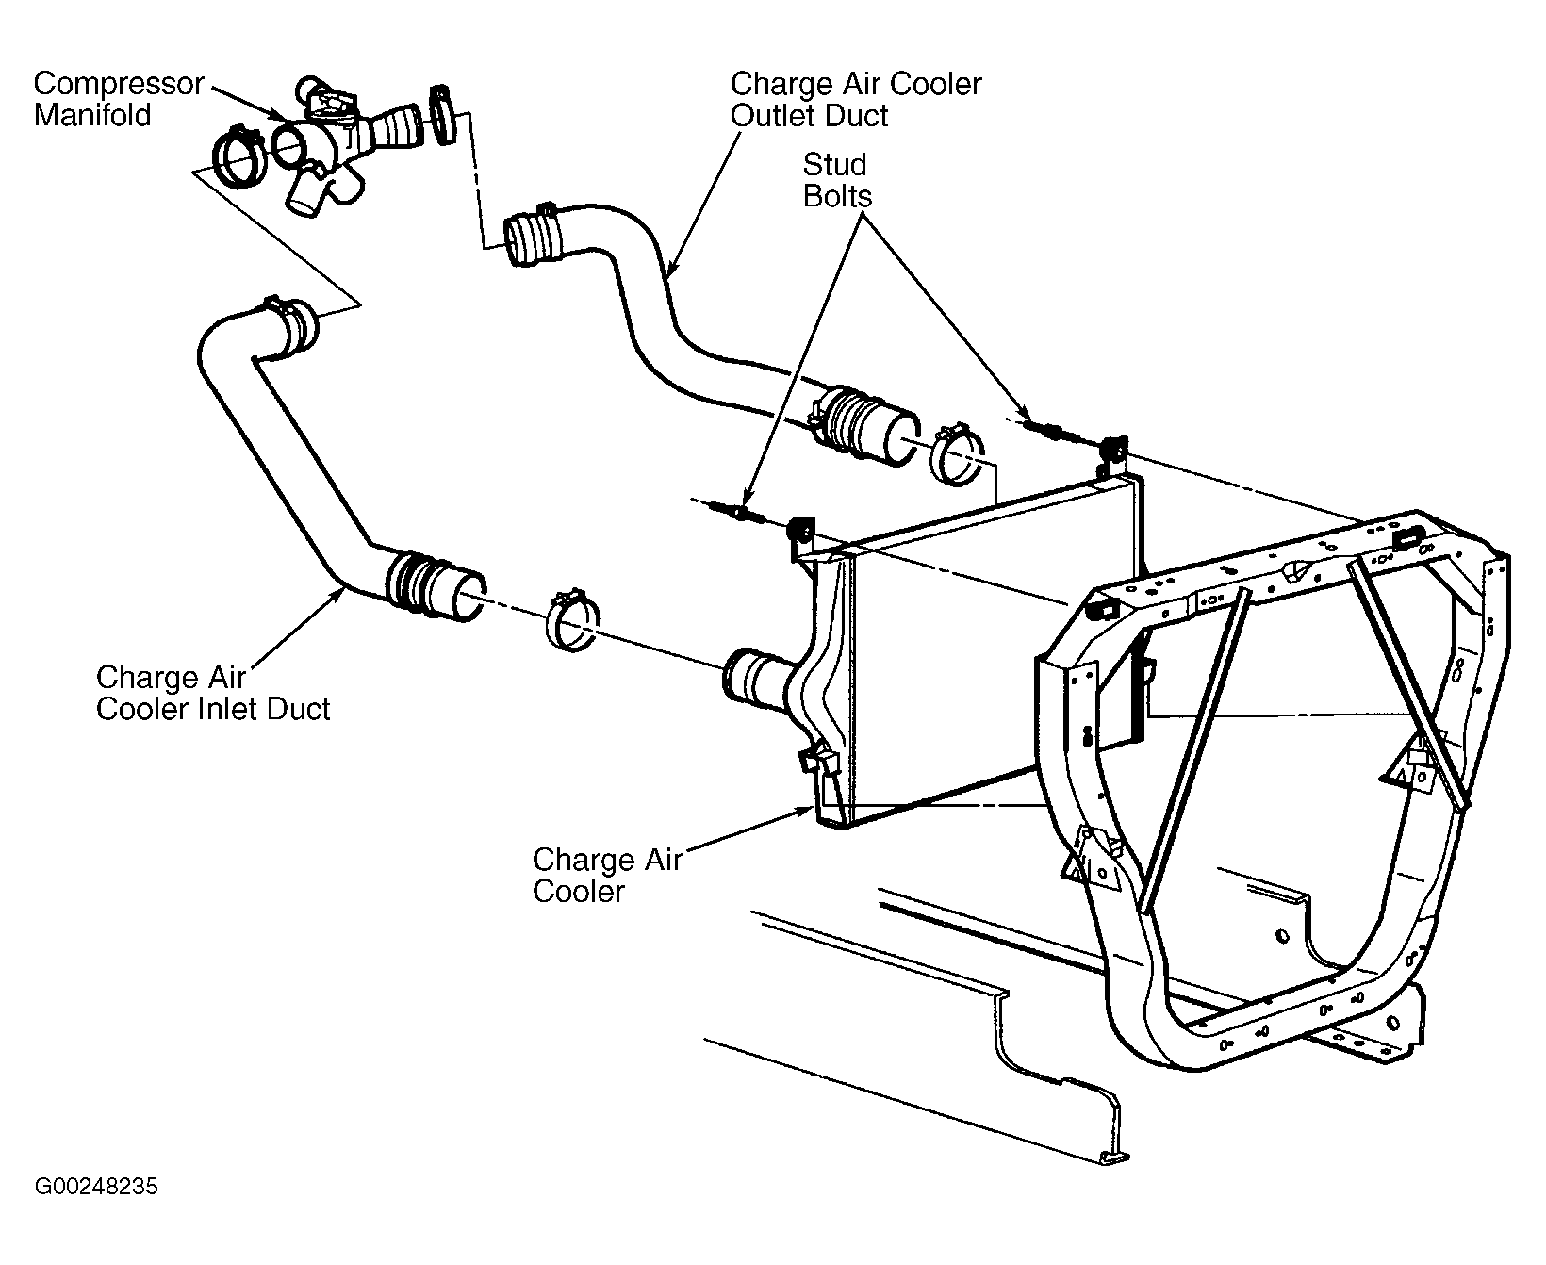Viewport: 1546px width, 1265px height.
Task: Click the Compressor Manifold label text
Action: (x=119, y=99)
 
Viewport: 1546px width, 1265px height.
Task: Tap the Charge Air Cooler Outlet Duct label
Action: (x=856, y=99)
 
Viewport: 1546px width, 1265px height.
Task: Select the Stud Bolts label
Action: (x=837, y=180)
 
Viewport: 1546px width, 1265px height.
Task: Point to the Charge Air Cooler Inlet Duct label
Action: (x=213, y=693)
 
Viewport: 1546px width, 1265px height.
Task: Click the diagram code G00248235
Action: (x=97, y=1187)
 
